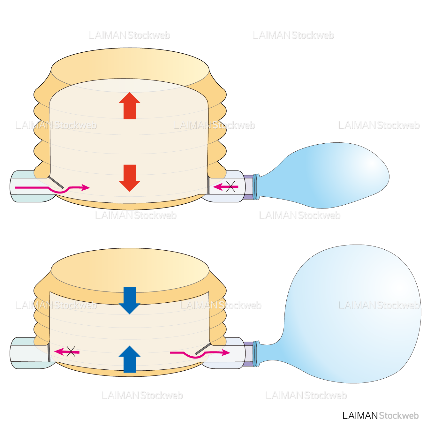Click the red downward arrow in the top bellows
click(129, 178)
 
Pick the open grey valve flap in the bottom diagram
click(203, 349)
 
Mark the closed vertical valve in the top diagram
click(208, 185)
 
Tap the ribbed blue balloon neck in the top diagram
click(256, 187)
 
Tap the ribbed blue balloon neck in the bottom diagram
click(256, 354)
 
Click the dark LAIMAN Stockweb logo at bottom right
click(380, 415)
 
